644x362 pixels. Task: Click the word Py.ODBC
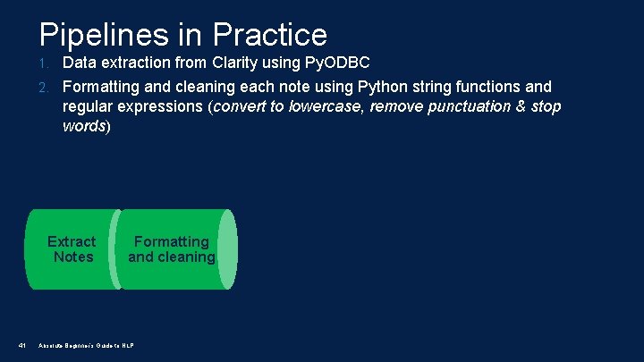(343, 63)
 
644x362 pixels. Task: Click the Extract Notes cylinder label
(72, 249)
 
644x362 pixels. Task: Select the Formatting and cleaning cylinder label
(172, 249)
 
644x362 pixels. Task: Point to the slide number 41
(23, 345)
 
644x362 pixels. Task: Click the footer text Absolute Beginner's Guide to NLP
(86, 345)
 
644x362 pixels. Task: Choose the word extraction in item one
(137, 63)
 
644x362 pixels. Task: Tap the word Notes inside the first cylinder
(72, 257)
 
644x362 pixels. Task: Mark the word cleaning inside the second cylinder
(187, 257)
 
